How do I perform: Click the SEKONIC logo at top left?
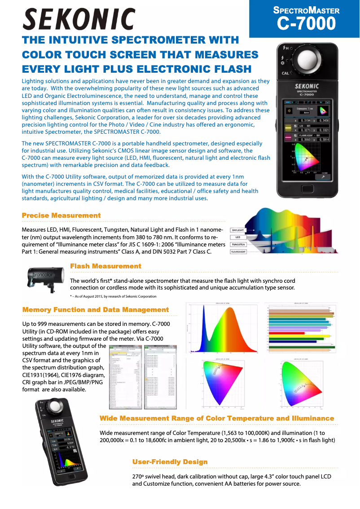pyautogui.click(x=79, y=19)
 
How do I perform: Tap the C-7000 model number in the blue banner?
pyautogui.click(x=306, y=23)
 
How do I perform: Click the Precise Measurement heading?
pyautogui.click(x=61, y=215)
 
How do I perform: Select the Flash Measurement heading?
pyautogui.click(x=105, y=266)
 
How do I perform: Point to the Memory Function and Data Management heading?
pyautogui.click(x=96, y=310)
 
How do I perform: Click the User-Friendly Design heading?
pyautogui.click(x=170, y=462)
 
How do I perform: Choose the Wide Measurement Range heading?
pyautogui.click(x=217, y=418)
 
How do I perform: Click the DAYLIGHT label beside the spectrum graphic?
pyautogui.click(x=241, y=230)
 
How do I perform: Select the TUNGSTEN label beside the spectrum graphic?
pyautogui.click(x=241, y=245)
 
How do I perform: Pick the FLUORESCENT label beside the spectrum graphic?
pyautogui.click(x=241, y=252)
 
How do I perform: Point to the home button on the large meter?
pyautogui.click(x=307, y=188)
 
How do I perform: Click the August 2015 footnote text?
pyautogui.click(x=113, y=296)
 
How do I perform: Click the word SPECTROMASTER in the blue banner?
pyautogui.click(x=306, y=10)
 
